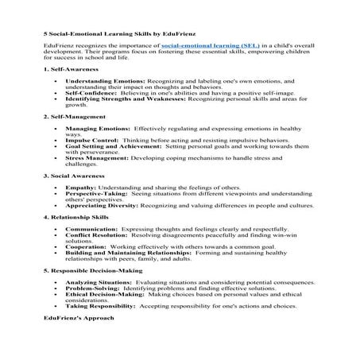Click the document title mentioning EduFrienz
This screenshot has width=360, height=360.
(x=106, y=35)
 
